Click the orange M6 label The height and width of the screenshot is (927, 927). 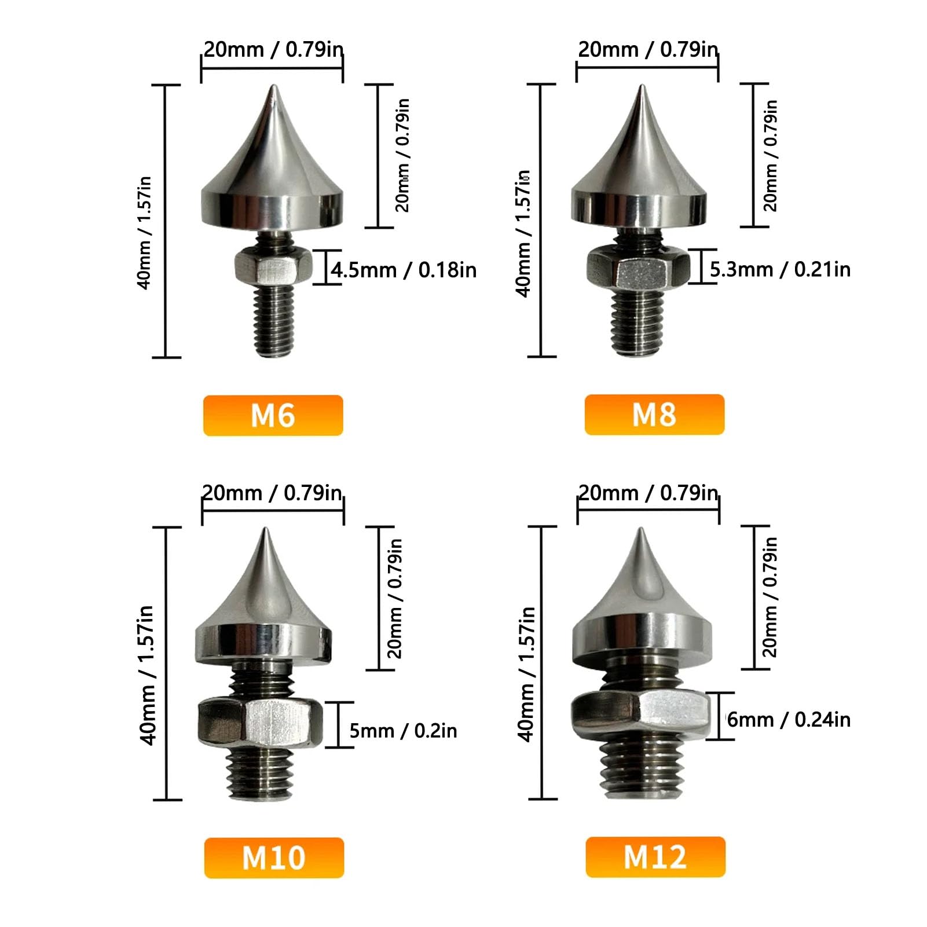(273, 415)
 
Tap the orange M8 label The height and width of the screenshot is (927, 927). (654, 415)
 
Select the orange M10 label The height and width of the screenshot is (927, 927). (274, 858)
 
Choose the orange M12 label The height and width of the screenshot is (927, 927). (655, 857)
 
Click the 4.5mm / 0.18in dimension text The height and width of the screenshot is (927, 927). (404, 270)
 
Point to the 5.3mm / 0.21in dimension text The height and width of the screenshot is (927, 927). (780, 269)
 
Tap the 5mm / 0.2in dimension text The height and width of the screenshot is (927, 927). (403, 731)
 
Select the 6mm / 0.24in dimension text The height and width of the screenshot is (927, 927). (789, 720)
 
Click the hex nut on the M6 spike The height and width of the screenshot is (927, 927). (273, 267)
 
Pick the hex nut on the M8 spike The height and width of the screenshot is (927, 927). (638, 268)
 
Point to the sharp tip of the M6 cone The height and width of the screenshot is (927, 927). (273, 87)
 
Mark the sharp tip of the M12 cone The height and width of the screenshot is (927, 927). (641, 530)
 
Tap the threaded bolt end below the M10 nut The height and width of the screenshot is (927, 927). (259, 773)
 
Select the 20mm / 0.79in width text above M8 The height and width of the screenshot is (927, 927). (648, 50)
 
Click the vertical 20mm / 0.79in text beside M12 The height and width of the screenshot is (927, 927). (770, 597)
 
